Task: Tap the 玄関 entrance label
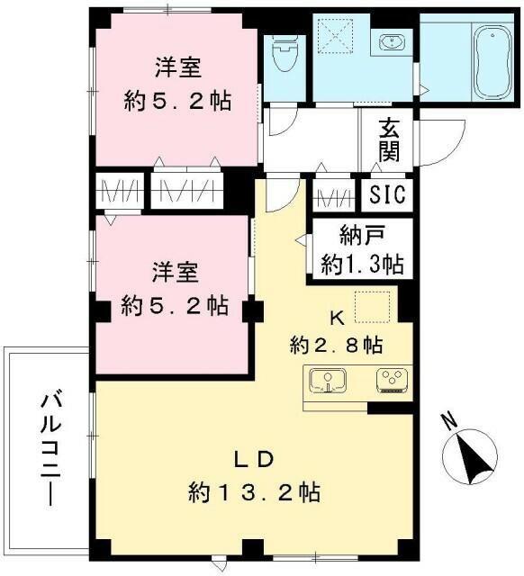click(x=389, y=139)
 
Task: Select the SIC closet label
click(x=389, y=194)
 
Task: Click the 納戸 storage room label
click(x=363, y=238)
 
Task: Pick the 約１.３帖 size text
click(x=363, y=265)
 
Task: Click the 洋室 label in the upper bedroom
click(x=176, y=67)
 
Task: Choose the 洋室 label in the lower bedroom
click(x=175, y=271)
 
